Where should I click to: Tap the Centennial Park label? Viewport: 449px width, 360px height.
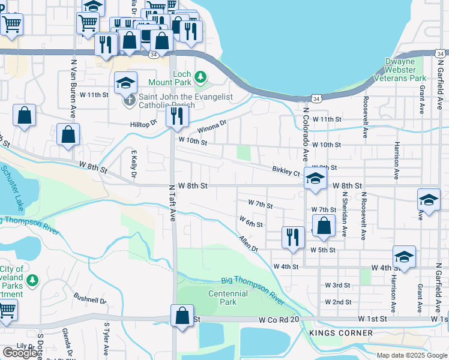228,298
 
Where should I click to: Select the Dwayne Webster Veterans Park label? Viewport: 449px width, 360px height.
400,70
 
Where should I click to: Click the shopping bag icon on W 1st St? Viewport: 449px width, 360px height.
182,315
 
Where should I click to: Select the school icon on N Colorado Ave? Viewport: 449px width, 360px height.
315,178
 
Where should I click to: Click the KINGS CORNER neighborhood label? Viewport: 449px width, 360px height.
341,332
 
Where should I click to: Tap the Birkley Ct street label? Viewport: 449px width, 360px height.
286,172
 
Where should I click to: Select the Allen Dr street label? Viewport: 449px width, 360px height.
248,244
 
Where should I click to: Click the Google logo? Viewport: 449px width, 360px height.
20,353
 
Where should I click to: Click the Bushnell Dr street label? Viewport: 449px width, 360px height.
89,298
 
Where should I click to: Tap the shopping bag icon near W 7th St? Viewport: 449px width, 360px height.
324,226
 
